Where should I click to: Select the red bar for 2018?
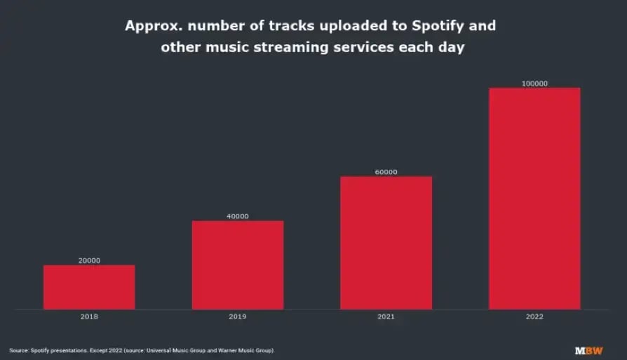pos(89,287)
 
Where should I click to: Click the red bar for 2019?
pos(238,265)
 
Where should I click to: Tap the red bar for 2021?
pos(386,243)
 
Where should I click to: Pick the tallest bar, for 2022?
pos(534,199)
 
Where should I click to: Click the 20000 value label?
pos(89,260)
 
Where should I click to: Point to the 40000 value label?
pos(238,216)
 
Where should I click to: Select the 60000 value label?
pos(386,172)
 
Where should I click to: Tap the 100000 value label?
pos(534,84)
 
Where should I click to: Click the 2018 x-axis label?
pos(89,316)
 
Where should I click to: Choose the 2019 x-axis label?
pos(238,316)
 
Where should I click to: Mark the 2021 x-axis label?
pos(386,316)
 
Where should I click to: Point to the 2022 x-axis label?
pos(534,316)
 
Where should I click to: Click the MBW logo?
pos(588,350)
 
